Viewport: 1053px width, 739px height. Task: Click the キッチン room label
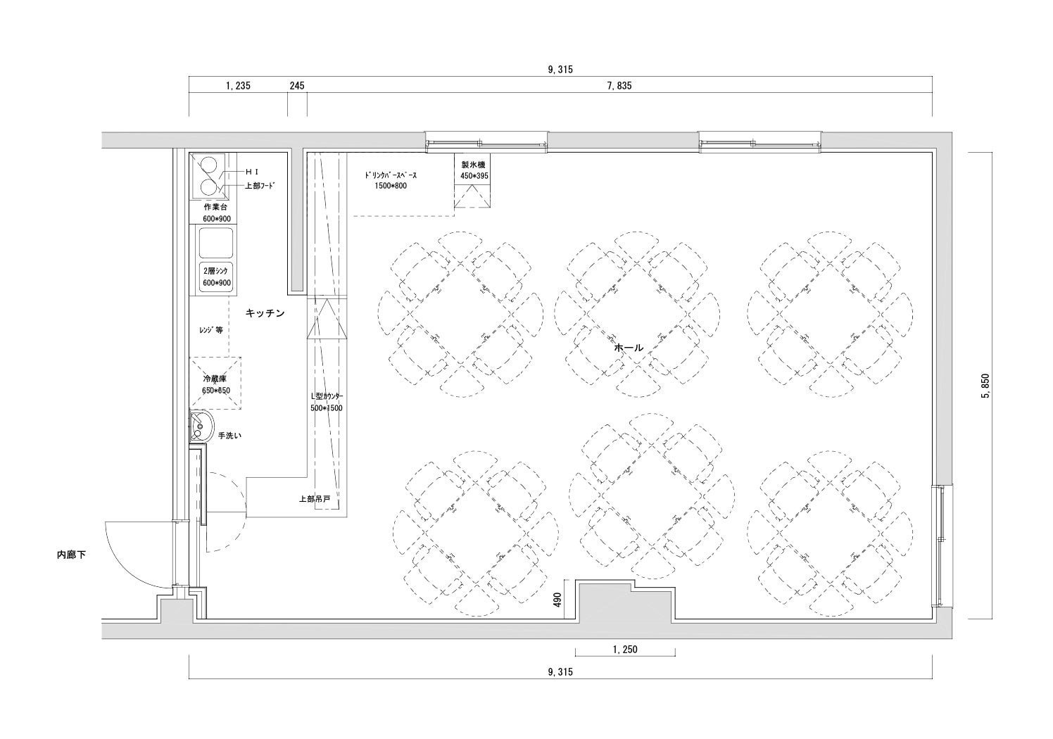(x=265, y=313)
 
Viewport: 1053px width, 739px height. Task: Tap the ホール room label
(x=629, y=348)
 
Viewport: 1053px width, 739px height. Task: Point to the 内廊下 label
(x=72, y=555)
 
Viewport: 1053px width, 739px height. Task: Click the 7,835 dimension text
(x=619, y=86)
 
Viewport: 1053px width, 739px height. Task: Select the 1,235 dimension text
(x=238, y=86)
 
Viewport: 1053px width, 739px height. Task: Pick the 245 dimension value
(x=296, y=86)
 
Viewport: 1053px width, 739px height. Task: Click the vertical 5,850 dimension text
(x=985, y=386)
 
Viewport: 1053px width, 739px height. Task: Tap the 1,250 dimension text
(x=625, y=649)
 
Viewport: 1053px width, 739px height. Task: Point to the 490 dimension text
(x=557, y=600)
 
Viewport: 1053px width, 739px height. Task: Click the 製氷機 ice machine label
(x=473, y=165)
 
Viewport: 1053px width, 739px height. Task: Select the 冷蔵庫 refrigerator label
(x=215, y=379)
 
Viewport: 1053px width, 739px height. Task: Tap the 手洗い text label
(x=229, y=436)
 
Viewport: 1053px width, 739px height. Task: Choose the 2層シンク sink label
(x=215, y=271)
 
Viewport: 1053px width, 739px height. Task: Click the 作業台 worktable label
(x=215, y=208)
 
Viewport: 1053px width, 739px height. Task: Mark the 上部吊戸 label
(x=315, y=499)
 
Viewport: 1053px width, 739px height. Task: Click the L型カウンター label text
(x=326, y=396)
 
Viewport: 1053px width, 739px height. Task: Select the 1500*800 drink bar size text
(x=391, y=186)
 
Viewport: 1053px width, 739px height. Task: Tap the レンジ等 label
(x=210, y=330)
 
